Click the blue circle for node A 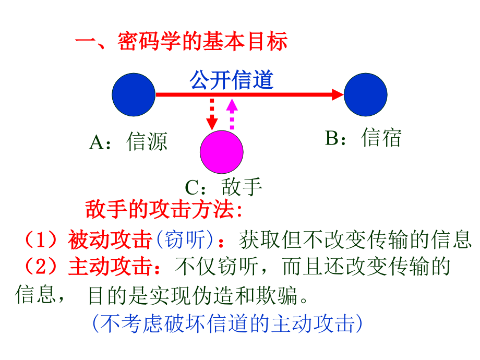pos(134,94)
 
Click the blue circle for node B pos(365,94)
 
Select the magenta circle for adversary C pos(222,152)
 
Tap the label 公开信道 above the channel pos(232,80)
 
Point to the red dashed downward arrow pos(212,113)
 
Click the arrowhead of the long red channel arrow pos(338,94)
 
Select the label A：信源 pos(128,142)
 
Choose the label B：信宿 pos(364,138)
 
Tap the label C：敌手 pos(223,187)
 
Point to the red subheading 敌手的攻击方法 pos(163,210)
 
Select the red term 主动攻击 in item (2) pos(109,267)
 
